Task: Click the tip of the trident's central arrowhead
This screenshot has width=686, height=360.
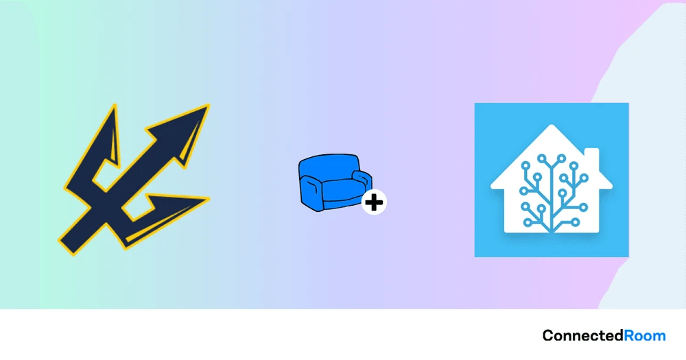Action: [207, 106]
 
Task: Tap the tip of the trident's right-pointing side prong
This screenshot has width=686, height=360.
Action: [208, 199]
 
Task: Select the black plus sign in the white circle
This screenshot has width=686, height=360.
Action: [375, 202]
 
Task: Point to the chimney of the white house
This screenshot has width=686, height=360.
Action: [592, 156]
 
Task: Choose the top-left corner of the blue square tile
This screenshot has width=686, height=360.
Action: [475, 104]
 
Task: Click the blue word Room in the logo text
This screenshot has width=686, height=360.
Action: [645, 336]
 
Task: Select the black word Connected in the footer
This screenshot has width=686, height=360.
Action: [583, 336]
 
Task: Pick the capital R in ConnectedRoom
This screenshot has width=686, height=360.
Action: [629, 336]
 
